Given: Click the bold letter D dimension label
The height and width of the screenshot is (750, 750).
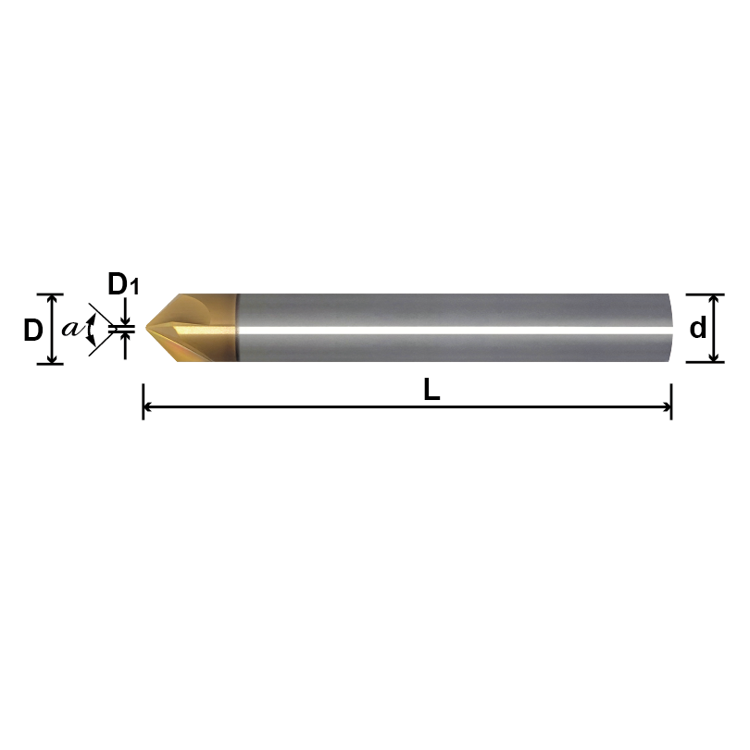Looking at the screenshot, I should pyautogui.click(x=32, y=330).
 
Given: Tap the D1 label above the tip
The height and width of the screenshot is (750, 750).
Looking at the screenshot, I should pyautogui.click(x=123, y=284).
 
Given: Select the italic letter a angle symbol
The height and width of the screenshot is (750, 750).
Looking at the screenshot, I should pyautogui.click(x=70, y=329).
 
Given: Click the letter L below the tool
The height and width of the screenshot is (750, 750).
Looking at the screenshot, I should pyautogui.click(x=431, y=391).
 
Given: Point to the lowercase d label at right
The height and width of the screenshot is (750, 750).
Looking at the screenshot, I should pyautogui.click(x=698, y=329).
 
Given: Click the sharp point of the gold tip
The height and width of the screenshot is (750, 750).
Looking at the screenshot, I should pyautogui.click(x=144, y=329).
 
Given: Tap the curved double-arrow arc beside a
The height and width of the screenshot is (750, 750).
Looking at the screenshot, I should pyautogui.click(x=90, y=330).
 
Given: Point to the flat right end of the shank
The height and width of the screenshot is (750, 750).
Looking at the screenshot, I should pyautogui.click(x=671, y=329).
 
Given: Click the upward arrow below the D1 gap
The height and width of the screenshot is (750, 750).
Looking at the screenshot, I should pyautogui.click(x=124, y=341).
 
